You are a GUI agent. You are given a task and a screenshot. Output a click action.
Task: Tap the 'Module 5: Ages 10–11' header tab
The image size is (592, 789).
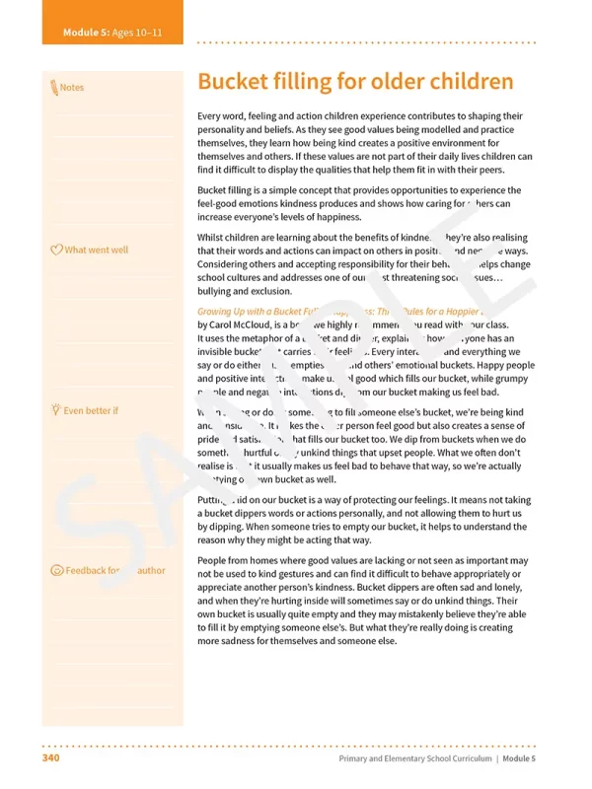(x=112, y=33)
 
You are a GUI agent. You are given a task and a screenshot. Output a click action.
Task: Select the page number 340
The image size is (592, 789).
(x=52, y=758)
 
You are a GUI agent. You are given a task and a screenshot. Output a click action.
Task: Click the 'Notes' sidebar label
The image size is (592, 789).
(x=72, y=88)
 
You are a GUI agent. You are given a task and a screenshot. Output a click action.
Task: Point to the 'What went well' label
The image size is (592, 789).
(x=96, y=250)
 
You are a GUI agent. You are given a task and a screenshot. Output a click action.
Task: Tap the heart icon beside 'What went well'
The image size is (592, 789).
(x=56, y=250)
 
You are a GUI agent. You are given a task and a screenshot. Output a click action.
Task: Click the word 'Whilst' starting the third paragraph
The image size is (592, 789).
(x=212, y=238)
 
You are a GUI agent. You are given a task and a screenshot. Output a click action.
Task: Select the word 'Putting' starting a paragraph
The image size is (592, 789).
(x=214, y=501)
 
